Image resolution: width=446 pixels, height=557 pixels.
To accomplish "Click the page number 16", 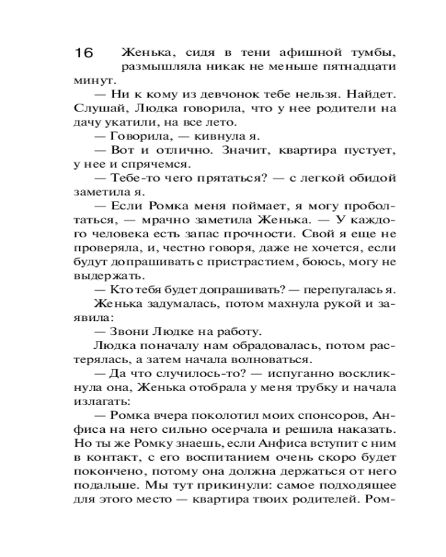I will coord(83,53).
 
